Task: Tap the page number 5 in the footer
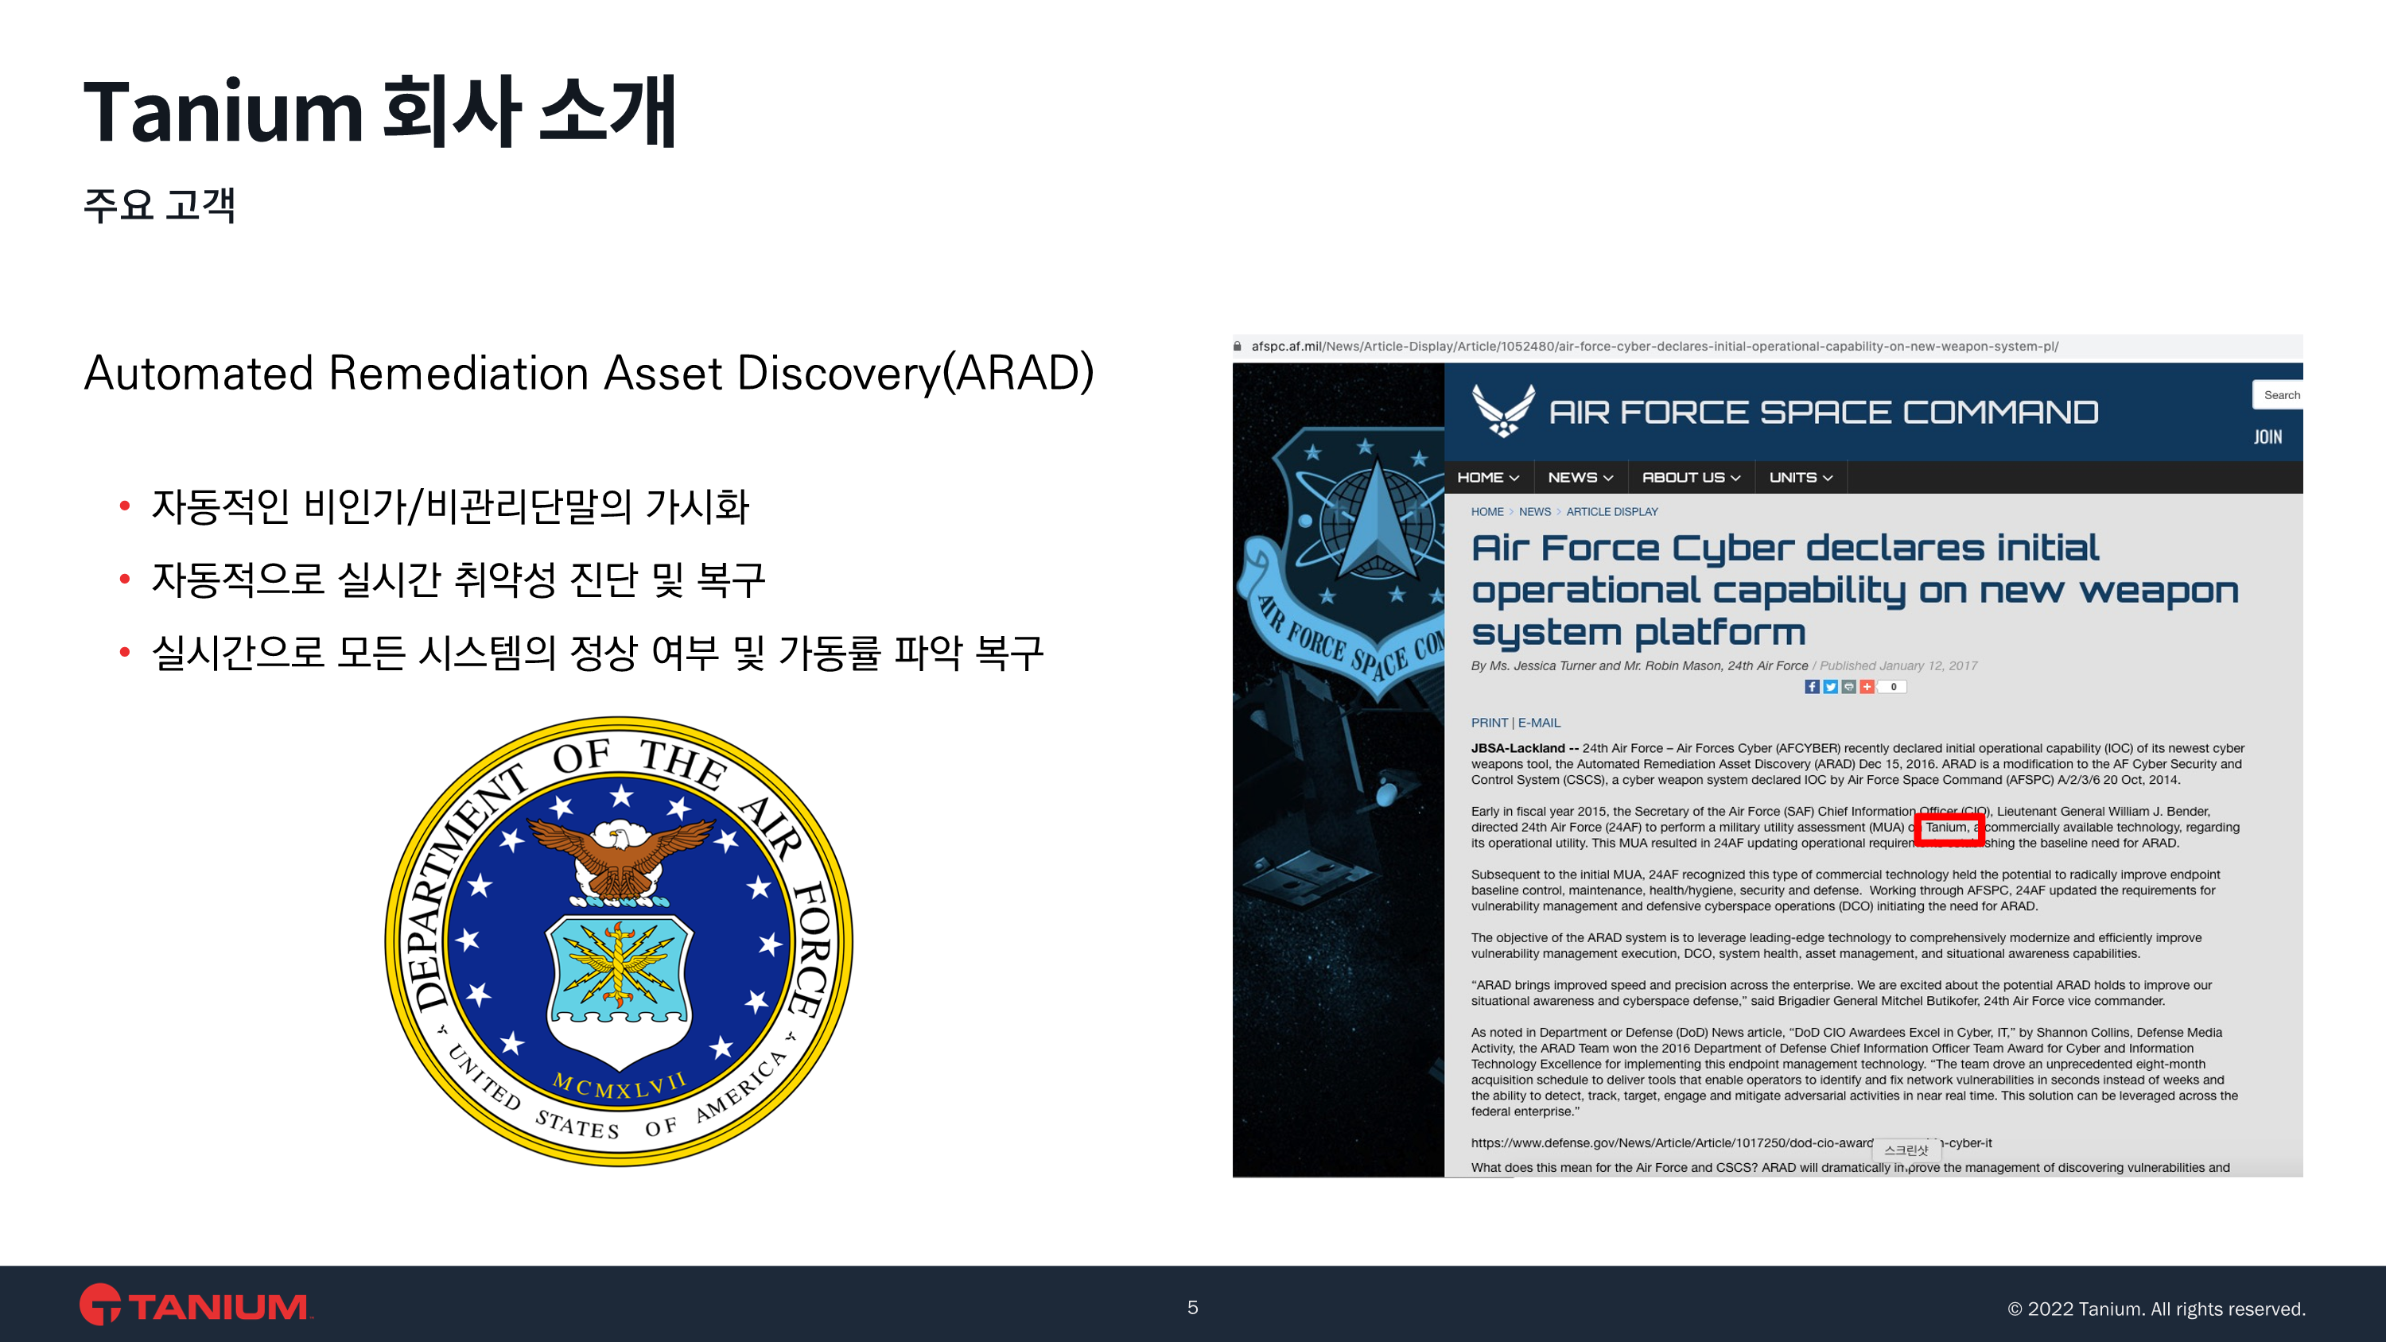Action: click(1193, 1307)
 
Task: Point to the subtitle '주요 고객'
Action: click(159, 204)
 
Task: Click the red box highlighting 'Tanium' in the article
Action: click(1949, 830)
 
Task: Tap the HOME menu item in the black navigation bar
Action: click(1487, 478)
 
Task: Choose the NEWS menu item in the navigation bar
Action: click(1580, 478)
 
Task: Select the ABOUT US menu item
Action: click(1690, 478)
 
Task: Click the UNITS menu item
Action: click(1801, 478)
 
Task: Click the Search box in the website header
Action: click(2278, 394)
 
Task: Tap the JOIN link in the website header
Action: click(2267, 437)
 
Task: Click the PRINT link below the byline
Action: click(1489, 723)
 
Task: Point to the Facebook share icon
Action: click(1812, 686)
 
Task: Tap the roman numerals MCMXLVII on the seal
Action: click(619, 1084)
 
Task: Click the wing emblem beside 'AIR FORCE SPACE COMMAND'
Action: click(1502, 410)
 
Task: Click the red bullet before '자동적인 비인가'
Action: click(124, 506)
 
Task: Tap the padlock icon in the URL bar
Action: click(1238, 347)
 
